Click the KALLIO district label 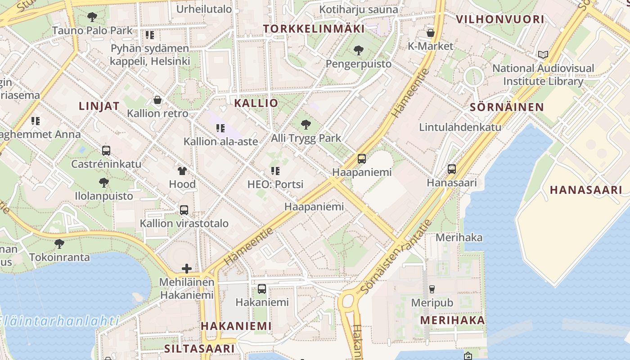pos(256,103)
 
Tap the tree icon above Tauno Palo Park pos(92,18)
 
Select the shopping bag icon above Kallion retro pos(157,100)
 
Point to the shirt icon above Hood pos(182,171)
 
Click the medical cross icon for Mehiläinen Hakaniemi pos(187,269)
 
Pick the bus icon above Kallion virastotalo pos(184,210)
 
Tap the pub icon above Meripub pos(432,289)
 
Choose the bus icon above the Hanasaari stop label pos(452,169)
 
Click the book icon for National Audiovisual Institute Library pos(543,55)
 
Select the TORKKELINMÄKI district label pos(314,29)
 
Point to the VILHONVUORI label pos(500,19)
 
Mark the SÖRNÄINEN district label pos(507,107)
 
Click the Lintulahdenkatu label pos(460,127)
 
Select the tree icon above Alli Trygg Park pos(306,125)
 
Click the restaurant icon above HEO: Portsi pos(275,171)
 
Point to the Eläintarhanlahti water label pos(58,321)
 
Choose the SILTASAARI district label pos(199,348)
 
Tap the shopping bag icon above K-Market pos(431,32)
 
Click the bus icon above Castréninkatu pos(106,151)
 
